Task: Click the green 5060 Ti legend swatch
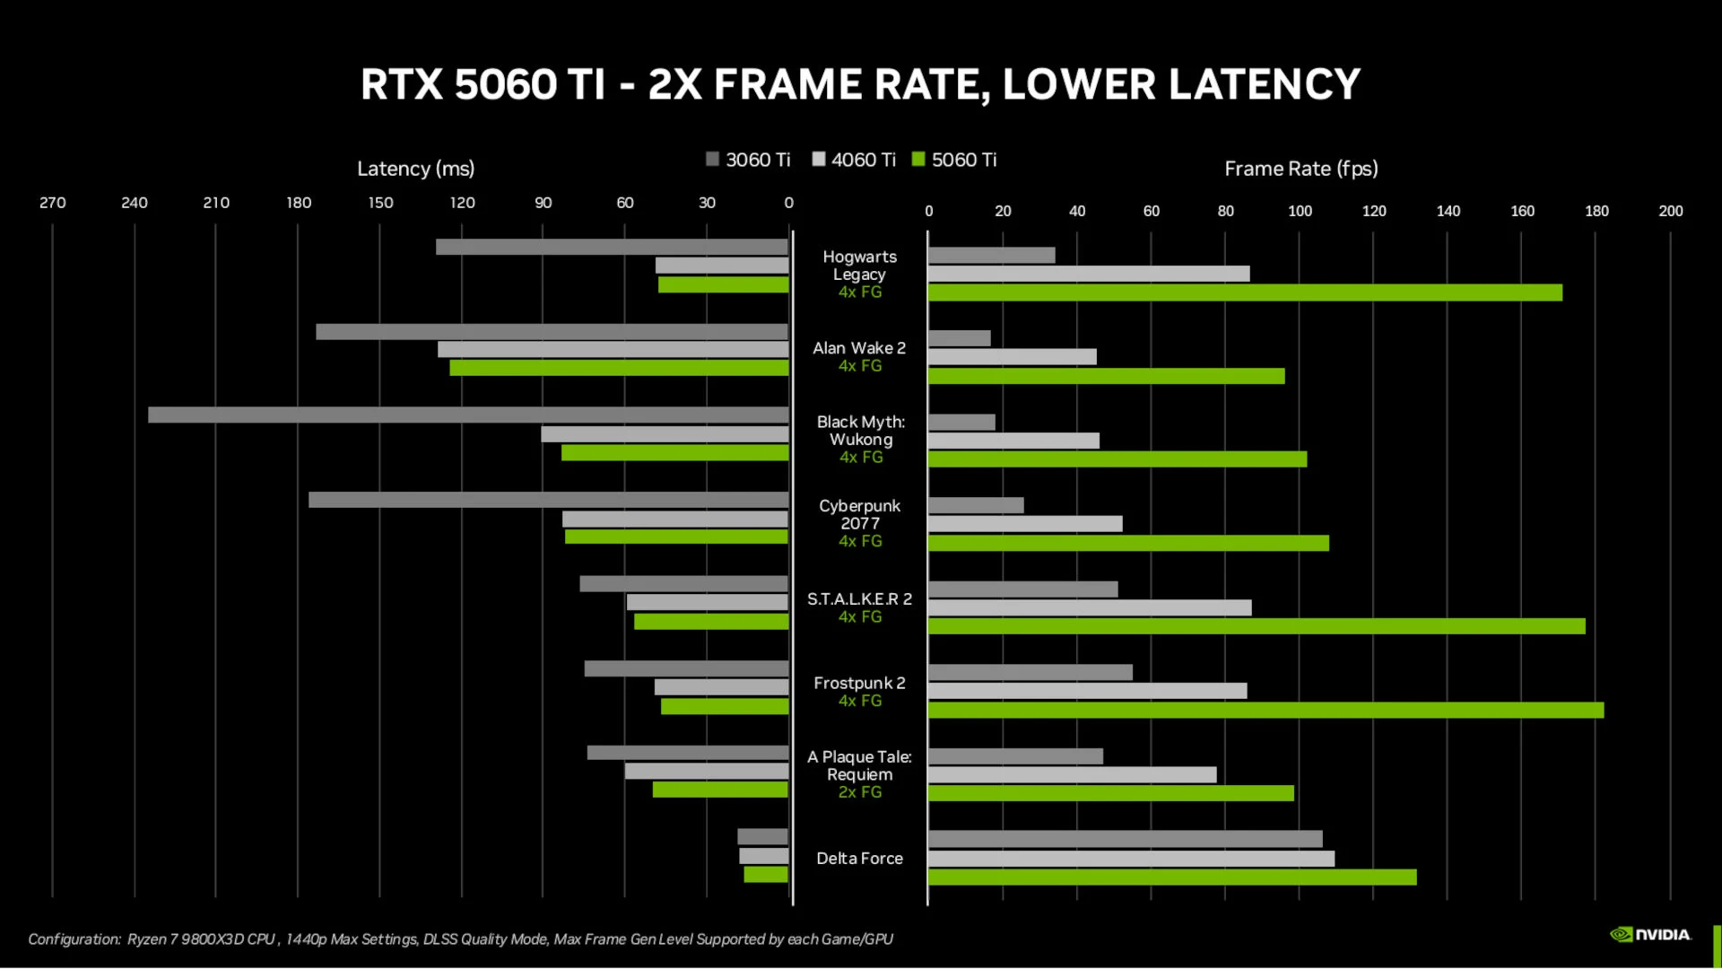point(918,160)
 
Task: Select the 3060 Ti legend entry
point(748,160)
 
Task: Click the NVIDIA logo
point(1651,935)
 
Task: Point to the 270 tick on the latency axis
point(52,203)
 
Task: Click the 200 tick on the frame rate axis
point(1670,211)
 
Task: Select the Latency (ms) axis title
point(415,169)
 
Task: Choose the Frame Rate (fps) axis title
point(1300,169)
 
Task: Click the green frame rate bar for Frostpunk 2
point(1265,711)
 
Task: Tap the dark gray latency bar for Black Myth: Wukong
point(468,415)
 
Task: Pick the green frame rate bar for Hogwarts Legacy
point(1245,292)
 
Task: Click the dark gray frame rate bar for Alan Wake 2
point(960,338)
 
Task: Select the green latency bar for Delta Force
point(766,875)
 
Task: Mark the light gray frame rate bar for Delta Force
point(1131,859)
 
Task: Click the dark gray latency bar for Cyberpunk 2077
point(548,500)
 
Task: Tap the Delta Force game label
point(859,859)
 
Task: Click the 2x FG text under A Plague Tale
point(859,792)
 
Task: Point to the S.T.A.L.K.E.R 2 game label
point(859,599)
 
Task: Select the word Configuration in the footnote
point(74,939)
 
